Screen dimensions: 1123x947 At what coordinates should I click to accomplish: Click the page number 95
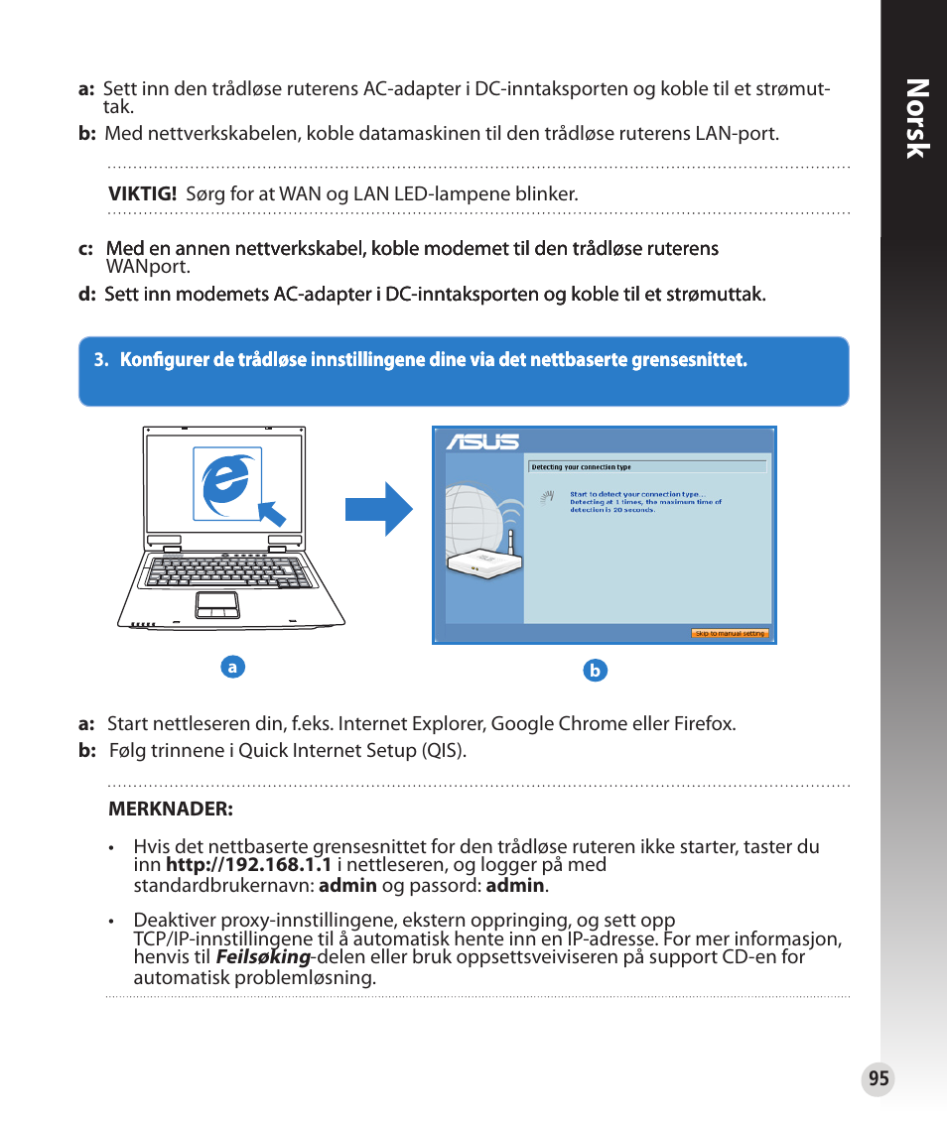(x=878, y=1079)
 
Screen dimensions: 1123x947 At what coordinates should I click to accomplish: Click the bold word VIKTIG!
(x=142, y=194)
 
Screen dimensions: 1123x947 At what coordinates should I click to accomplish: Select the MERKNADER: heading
(x=170, y=809)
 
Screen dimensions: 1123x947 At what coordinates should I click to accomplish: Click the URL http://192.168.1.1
(x=248, y=865)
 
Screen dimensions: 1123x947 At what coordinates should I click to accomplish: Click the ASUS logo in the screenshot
(x=482, y=441)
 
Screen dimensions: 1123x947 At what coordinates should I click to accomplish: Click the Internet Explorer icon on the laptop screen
(x=227, y=483)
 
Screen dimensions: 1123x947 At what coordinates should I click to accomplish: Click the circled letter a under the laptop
(x=232, y=668)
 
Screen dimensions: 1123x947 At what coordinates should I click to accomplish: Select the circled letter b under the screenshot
(x=595, y=671)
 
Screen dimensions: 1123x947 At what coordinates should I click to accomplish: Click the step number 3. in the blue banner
(x=100, y=361)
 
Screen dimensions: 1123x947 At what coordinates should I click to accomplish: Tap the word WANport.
(x=148, y=266)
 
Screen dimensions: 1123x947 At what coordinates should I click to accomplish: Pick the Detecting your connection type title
(x=581, y=466)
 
